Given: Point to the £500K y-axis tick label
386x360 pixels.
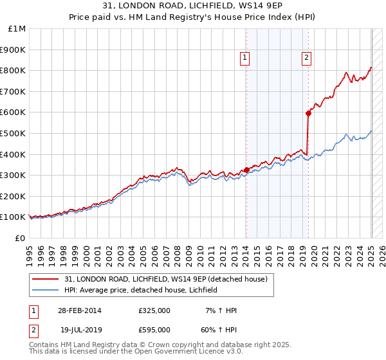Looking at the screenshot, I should tap(14, 133).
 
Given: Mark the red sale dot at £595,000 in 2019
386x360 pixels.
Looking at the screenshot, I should tap(308, 113).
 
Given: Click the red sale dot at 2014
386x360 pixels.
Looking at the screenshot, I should tap(246, 170).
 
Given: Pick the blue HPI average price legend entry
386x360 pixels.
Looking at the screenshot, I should tap(141, 290).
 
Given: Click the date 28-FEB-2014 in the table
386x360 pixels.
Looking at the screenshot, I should tap(78, 310).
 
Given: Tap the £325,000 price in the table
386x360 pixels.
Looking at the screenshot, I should tap(154, 310).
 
